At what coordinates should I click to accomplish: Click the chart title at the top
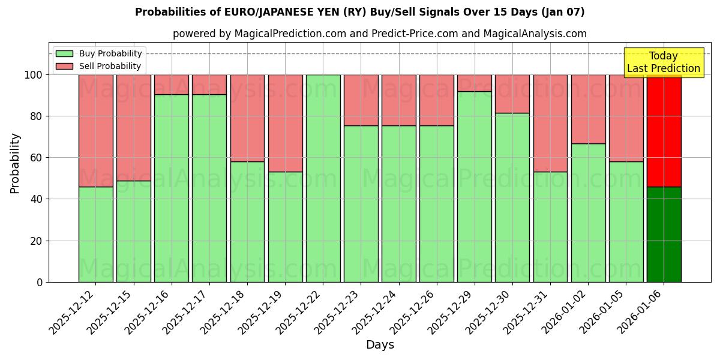coord(359,12)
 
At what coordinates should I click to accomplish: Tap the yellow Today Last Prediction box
coord(664,62)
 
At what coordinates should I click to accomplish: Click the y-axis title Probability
coord(15,163)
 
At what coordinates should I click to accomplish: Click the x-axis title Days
coord(380,345)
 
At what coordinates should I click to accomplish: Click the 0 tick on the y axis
coord(40,282)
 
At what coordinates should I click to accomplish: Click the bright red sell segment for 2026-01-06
coord(664,130)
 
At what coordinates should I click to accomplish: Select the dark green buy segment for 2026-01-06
coord(664,234)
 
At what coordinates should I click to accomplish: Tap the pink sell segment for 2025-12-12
coord(95,130)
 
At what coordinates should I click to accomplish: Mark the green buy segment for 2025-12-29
coord(474,187)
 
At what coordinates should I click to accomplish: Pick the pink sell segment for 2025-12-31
coord(550,123)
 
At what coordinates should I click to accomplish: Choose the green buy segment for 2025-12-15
coord(133,231)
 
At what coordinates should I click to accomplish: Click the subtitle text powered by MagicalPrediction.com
coord(379,34)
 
